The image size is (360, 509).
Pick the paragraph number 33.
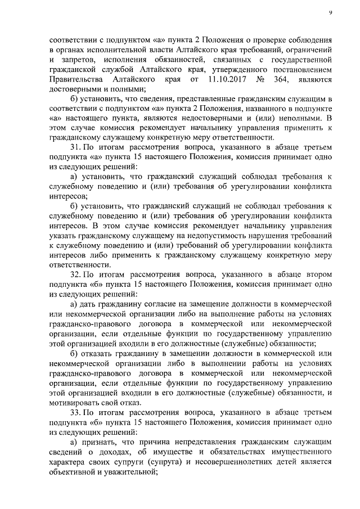point(75,412)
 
